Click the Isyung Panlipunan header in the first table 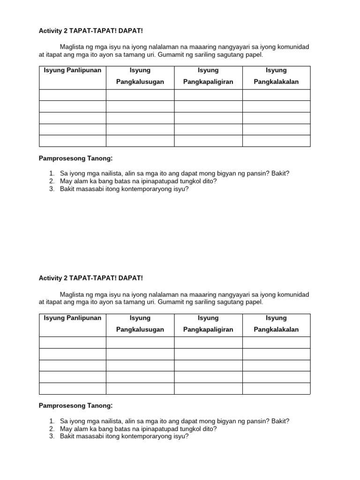click(72, 70)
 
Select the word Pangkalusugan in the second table click(140, 330)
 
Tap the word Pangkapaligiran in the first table click(208, 82)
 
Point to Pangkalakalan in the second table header click(276, 330)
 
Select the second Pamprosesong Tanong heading click(75, 405)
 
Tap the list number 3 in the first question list click(52, 189)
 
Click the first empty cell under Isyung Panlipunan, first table click(72, 95)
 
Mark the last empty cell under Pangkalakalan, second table click(276, 389)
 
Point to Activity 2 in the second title click(53, 278)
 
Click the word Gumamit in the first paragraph click(170, 55)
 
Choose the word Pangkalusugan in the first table click(140, 82)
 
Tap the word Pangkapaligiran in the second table click(208, 330)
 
